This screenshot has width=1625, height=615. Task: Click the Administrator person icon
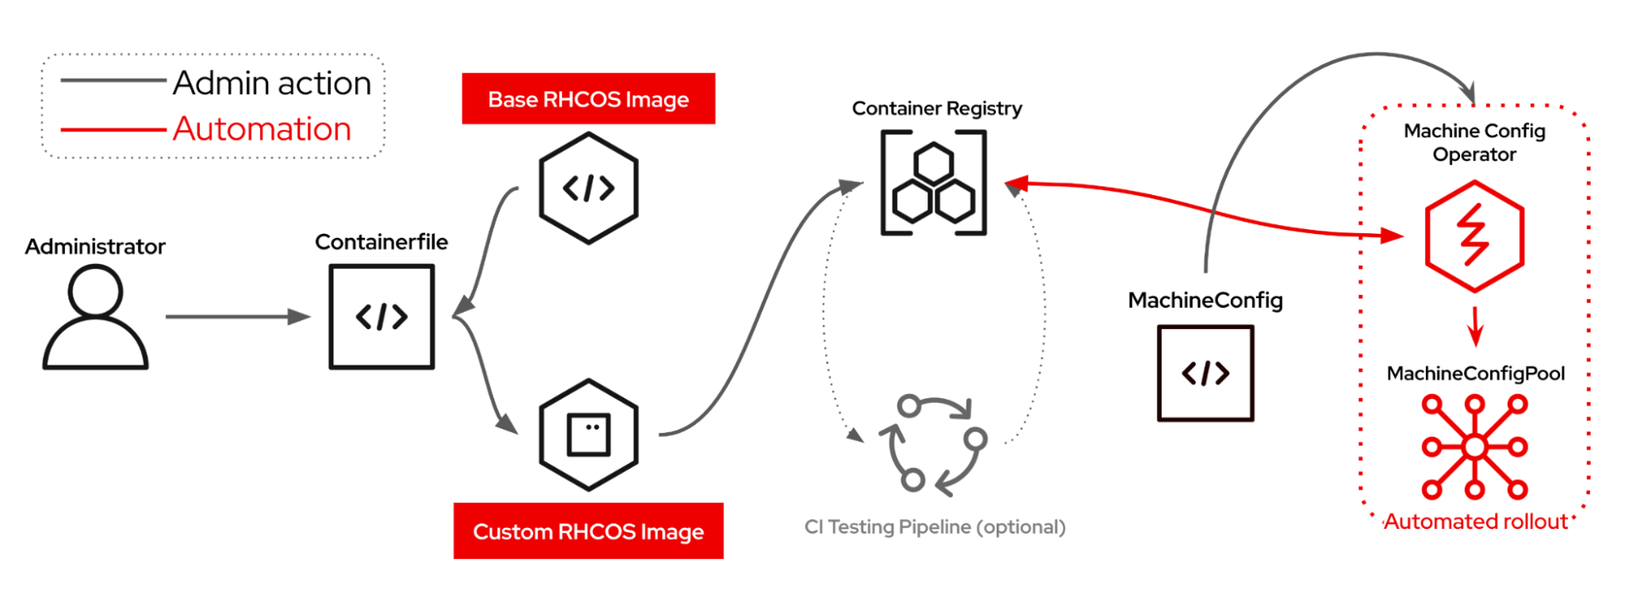click(95, 318)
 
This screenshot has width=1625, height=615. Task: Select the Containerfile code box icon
click(381, 317)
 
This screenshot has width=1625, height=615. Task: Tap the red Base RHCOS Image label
click(589, 99)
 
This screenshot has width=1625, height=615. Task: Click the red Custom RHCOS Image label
click(589, 531)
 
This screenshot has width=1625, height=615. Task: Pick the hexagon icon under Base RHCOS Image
click(589, 188)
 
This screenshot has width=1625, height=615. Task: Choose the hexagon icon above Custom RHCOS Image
click(589, 435)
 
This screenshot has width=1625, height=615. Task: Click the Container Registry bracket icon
click(933, 184)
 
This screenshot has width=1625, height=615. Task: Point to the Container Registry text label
click(936, 108)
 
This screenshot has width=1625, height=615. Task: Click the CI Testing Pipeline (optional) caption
click(935, 527)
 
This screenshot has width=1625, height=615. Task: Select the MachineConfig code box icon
click(1206, 373)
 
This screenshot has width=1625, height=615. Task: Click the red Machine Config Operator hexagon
click(1475, 236)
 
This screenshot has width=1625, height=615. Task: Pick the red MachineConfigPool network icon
click(1475, 446)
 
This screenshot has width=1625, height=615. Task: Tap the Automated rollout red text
click(1475, 522)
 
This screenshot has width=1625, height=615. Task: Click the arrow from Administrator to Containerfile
click(238, 317)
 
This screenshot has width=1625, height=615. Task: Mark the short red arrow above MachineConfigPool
click(1476, 327)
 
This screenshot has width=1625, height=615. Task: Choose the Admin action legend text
click(272, 83)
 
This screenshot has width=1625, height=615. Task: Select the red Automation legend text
click(262, 129)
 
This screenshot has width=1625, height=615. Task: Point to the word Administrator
click(95, 246)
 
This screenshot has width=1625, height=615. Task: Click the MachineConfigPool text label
click(1475, 374)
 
